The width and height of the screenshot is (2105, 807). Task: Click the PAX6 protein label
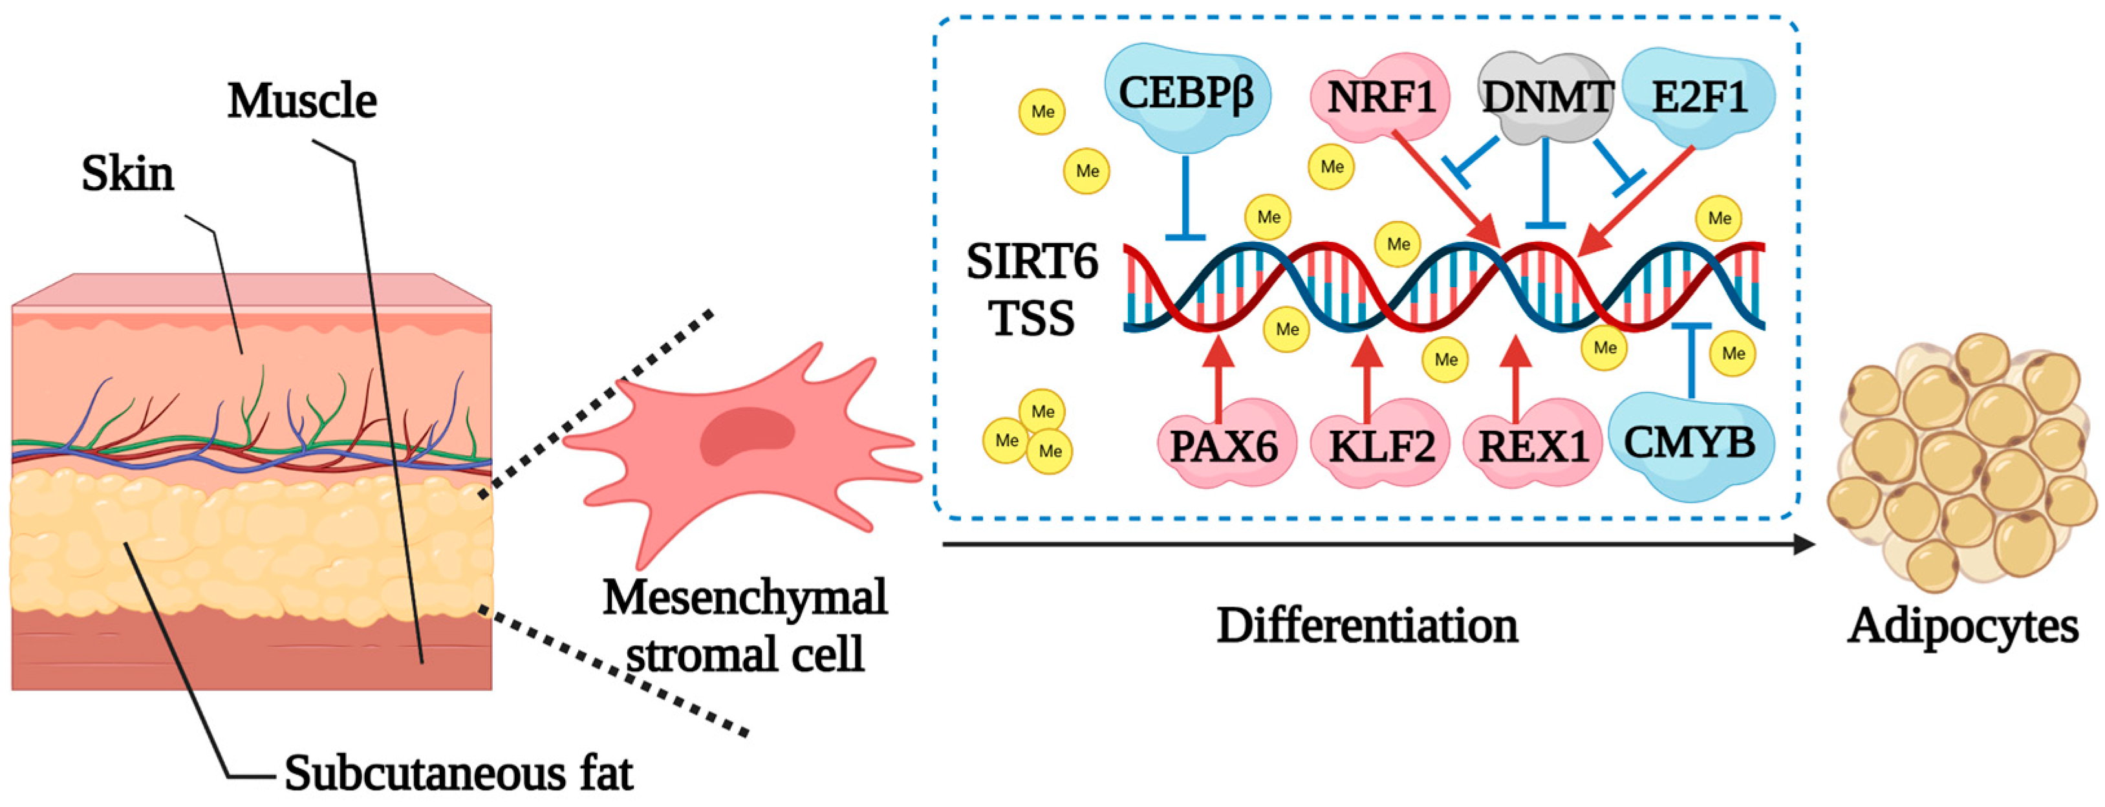pyautogui.click(x=1224, y=445)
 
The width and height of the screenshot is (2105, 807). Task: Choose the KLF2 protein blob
pyautogui.click(x=1381, y=445)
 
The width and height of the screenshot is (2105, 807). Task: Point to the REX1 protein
pyautogui.click(x=1532, y=445)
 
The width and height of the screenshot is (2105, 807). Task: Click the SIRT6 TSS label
pyautogui.click(x=1032, y=290)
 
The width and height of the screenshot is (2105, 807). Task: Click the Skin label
pyautogui.click(x=128, y=175)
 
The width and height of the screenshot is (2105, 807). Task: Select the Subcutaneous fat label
pyautogui.click(x=459, y=773)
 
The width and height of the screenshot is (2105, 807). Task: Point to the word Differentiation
pyautogui.click(x=1367, y=627)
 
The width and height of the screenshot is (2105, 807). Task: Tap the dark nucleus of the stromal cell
pyautogui.click(x=747, y=435)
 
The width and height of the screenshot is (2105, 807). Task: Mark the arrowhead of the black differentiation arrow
pyautogui.click(x=1804, y=544)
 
